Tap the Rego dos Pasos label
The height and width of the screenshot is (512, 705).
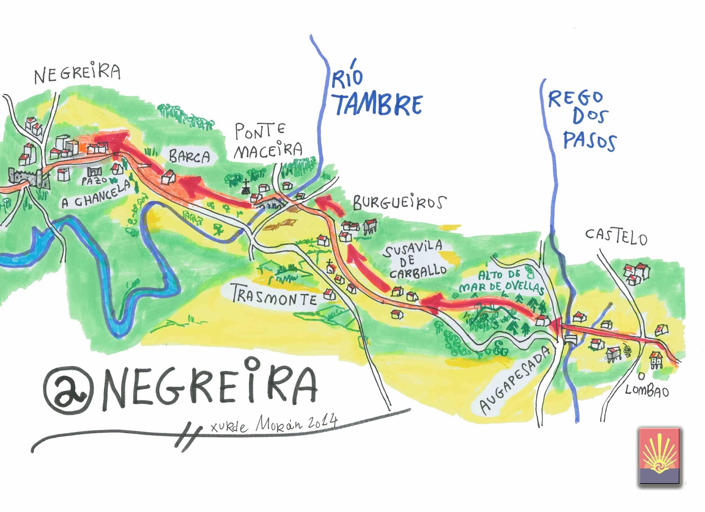[582, 119]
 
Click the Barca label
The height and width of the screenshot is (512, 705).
[189, 156]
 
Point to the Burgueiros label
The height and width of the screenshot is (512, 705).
[399, 203]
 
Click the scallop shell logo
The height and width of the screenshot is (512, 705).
[659, 456]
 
